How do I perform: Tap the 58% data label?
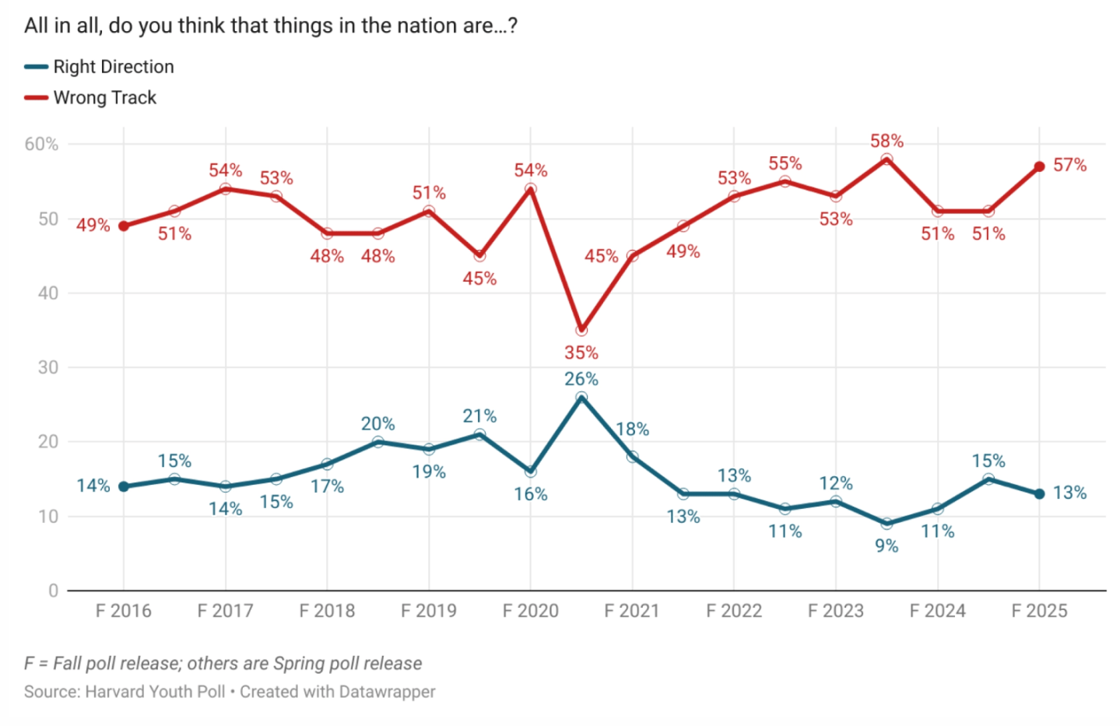[887, 141]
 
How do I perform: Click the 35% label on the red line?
[581, 352]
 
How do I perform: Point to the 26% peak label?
[581, 379]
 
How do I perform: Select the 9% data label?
[887, 545]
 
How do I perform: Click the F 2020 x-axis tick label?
[530, 611]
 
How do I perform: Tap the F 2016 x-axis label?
[123, 611]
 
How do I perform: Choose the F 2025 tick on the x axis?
[1039, 611]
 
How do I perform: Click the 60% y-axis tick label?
[41, 144]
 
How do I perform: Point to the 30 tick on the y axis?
[48, 367]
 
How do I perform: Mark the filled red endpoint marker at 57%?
[1039, 167]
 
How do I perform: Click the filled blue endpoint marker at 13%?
[1039, 494]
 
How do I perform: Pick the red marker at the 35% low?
[581, 330]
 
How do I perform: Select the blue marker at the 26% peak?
[581, 397]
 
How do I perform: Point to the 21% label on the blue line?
[479, 416]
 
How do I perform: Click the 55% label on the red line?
[785, 163]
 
